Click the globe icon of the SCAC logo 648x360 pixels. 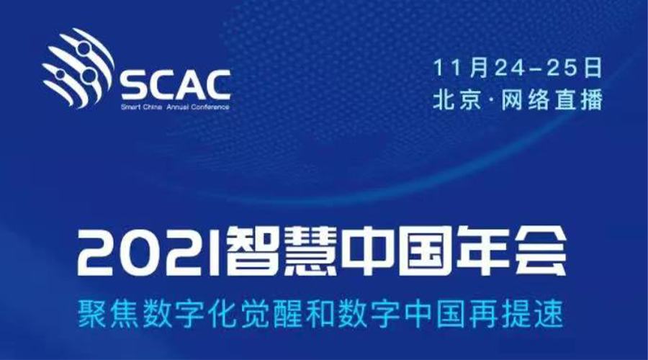tap(78, 68)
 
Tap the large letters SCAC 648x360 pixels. tap(176, 86)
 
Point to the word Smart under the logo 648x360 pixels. tap(129, 107)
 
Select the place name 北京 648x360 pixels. tap(457, 99)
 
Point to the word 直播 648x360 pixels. tap(578, 99)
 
